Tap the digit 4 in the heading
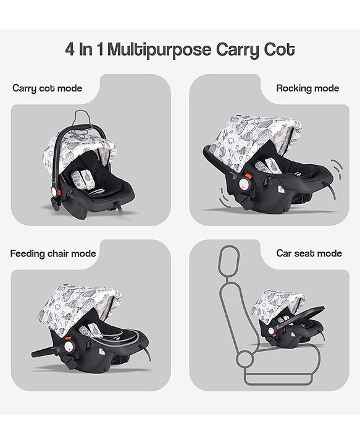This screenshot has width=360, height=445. pyautogui.click(x=70, y=49)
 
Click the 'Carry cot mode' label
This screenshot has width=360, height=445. pyautogui.click(x=47, y=88)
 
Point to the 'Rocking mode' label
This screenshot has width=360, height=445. pyautogui.click(x=308, y=88)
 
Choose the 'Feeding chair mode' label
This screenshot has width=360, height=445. pyautogui.click(x=53, y=253)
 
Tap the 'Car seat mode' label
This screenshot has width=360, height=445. pyautogui.click(x=309, y=253)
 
